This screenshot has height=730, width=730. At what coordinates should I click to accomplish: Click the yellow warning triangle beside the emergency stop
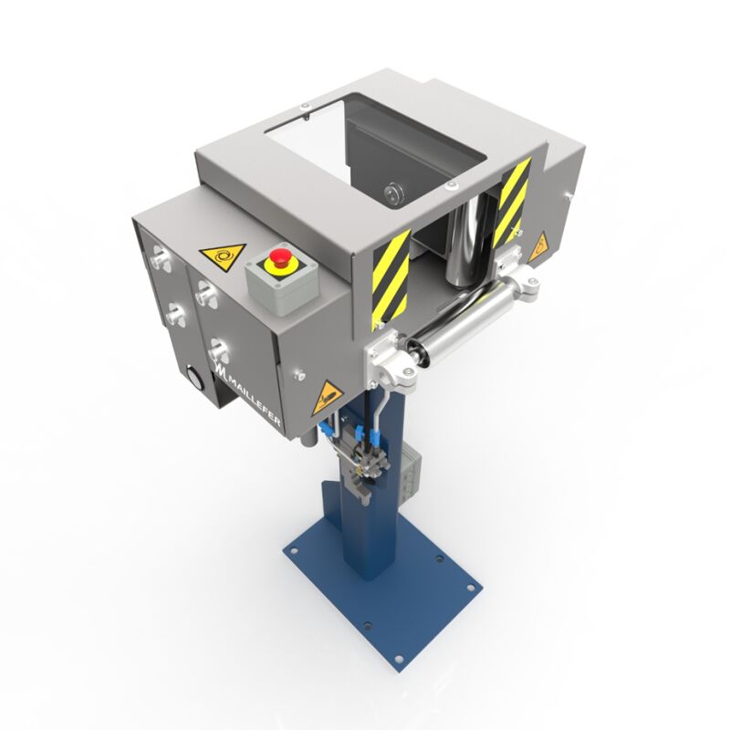coord(222,255)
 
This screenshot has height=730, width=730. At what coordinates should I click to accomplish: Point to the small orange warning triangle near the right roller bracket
coord(538,245)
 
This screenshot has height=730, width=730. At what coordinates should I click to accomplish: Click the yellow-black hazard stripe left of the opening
coord(391,278)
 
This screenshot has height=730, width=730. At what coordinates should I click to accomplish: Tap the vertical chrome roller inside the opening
coord(465,243)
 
